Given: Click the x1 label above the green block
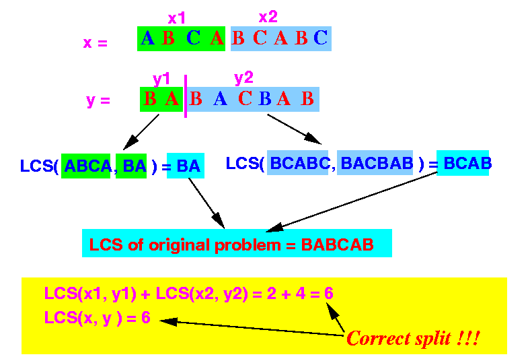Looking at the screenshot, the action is pyautogui.click(x=176, y=18).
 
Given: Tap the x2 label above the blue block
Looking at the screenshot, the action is pyautogui.click(x=268, y=17).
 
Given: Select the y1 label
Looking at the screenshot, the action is pyautogui.click(x=161, y=79).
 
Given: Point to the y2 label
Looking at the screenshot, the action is pyautogui.click(x=243, y=79).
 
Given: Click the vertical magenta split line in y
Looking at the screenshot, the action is pyautogui.click(x=186, y=96).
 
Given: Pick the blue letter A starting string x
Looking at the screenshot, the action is pyautogui.click(x=148, y=38).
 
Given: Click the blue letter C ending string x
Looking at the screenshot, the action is pyautogui.click(x=320, y=38).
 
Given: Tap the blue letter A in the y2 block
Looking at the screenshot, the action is pyautogui.click(x=220, y=99).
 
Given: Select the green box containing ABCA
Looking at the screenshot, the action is pyautogui.click(x=86, y=166).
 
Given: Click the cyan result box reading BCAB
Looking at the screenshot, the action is pyautogui.click(x=463, y=163).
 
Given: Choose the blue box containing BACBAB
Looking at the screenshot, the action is pyautogui.click(x=375, y=163).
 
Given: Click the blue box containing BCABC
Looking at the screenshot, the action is pyautogui.click(x=297, y=163).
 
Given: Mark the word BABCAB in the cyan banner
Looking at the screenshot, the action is pyautogui.click(x=337, y=244).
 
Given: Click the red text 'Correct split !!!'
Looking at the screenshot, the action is pyautogui.click(x=413, y=338).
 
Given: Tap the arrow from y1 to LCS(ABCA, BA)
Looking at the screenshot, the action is pyautogui.click(x=141, y=132).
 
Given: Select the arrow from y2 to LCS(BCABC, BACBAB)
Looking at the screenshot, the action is pyautogui.click(x=294, y=129).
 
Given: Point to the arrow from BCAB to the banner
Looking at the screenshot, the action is pyautogui.click(x=352, y=202).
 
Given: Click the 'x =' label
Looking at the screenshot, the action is pyautogui.click(x=96, y=43).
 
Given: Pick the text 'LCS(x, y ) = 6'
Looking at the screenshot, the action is pyautogui.click(x=98, y=318).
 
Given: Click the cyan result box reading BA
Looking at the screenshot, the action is pyautogui.click(x=186, y=166).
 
